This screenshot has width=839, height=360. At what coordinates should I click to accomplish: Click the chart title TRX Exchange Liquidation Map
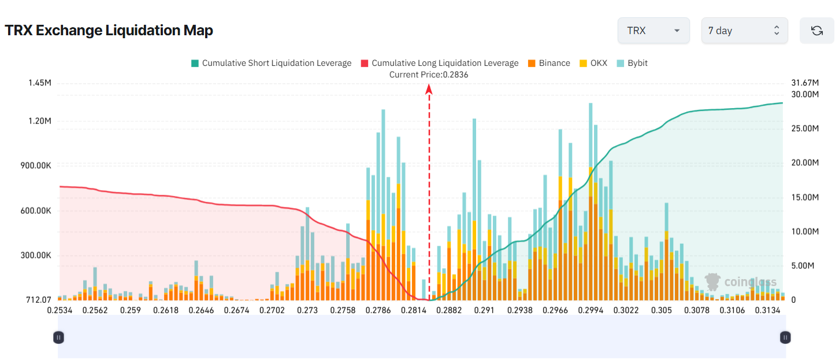click(x=109, y=31)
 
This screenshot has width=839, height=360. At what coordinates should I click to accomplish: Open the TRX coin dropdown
click(x=654, y=31)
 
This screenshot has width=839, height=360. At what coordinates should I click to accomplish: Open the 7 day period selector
click(x=744, y=31)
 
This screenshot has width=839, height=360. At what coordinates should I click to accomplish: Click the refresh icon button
click(x=816, y=31)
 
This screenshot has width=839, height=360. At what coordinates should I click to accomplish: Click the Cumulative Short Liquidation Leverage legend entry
click(x=271, y=63)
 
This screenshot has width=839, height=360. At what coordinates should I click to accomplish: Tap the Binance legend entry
click(x=548, y=63)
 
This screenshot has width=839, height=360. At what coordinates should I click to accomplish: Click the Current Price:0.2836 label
click(x=429, y=75)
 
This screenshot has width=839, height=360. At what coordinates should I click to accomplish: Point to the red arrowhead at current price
click(x=429, y=88)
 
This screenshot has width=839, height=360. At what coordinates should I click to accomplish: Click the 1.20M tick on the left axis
click(x=40, y=121)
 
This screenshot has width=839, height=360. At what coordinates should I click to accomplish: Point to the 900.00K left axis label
click(x=36, y=166)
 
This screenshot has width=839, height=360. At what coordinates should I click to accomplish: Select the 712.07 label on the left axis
click(x=39, y=300)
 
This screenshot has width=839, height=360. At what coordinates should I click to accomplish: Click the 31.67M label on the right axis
click(x=805, y=83)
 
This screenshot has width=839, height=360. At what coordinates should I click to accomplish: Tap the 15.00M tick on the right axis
click(x=805, y=197)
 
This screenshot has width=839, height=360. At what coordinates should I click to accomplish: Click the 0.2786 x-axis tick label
click(x=378, y=311)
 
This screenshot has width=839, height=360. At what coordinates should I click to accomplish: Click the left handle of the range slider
click(x=58, y=337)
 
